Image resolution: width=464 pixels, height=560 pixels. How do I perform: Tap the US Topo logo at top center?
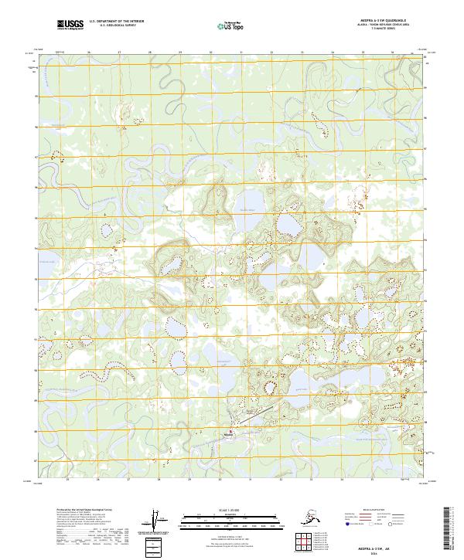(x=225, y=25)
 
